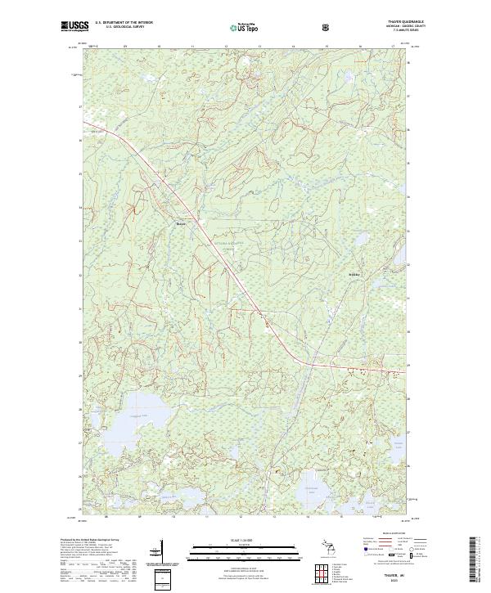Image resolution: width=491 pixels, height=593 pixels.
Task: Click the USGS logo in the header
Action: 74,26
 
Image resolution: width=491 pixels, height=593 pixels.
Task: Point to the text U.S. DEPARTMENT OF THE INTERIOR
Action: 124,23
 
